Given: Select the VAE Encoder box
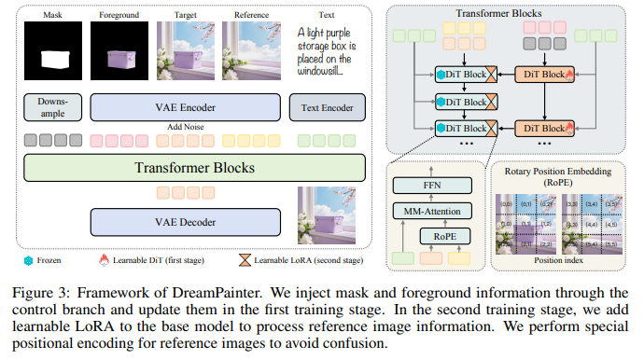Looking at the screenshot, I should click(185, 107).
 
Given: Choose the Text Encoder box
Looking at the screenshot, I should click(327, 107).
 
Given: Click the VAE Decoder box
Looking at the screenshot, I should click(185, 222).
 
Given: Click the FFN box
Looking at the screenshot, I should click(432, 185).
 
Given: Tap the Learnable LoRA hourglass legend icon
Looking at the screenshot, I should click(245, 262).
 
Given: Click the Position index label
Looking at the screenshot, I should click(559, 260).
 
